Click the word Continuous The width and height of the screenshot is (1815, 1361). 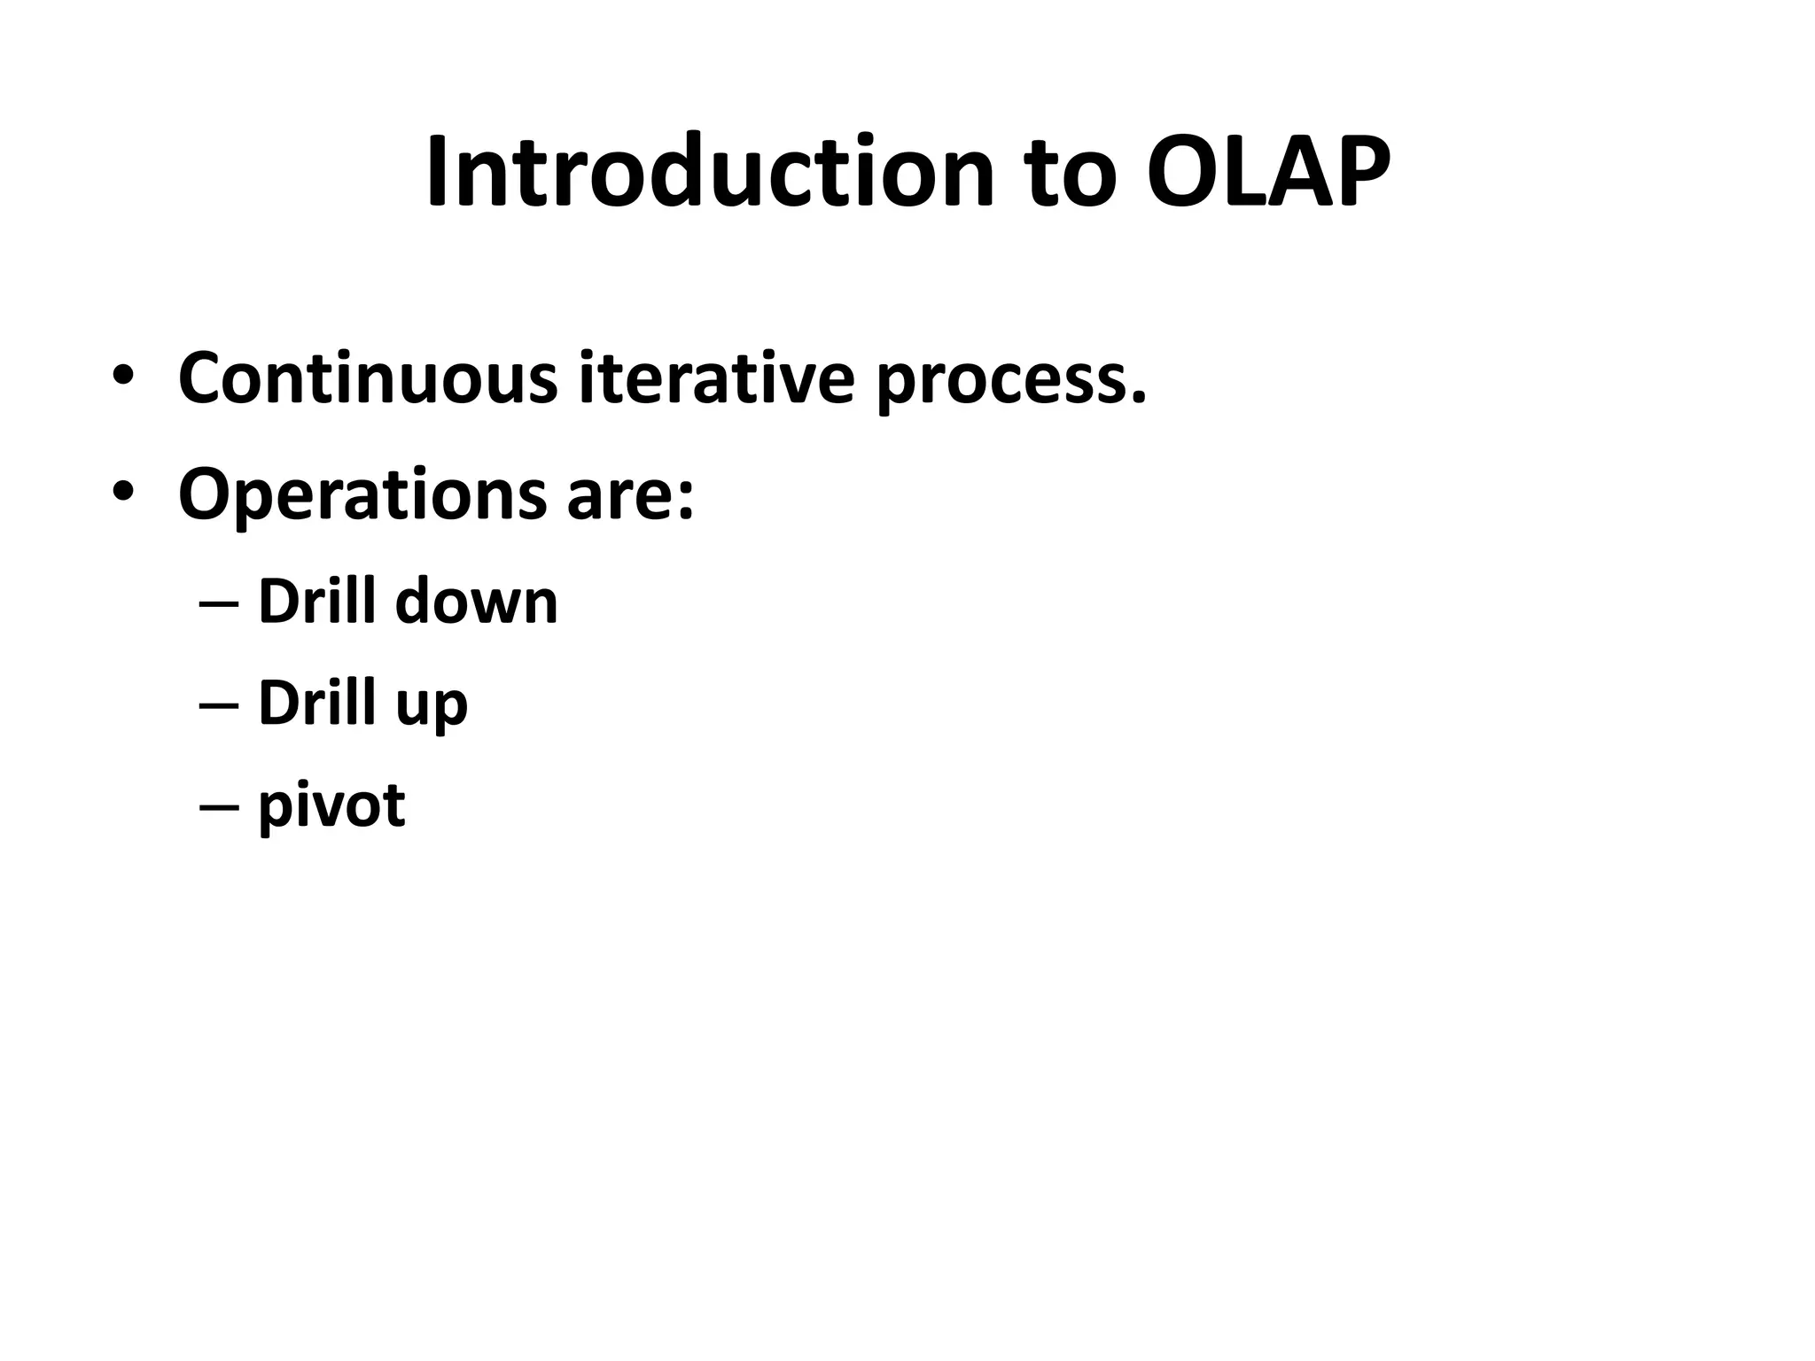[x=368, y=379]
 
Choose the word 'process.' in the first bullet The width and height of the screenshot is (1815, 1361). [x=1011, y=383]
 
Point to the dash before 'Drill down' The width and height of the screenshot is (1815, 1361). [x=219, y=605]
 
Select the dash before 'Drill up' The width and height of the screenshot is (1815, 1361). [x=219, y=706]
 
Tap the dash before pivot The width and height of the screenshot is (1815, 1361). [x=219, y=807]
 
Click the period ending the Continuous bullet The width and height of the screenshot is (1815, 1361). [x=1138, y=399]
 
